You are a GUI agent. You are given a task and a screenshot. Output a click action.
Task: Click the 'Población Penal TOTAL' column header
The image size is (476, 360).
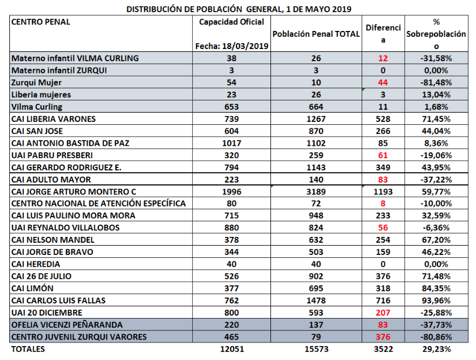(x=316, y=34)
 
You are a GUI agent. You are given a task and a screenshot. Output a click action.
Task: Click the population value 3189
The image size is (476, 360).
(x=316, y=192)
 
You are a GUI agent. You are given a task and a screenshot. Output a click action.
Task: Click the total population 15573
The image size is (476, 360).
(x=316, y=349)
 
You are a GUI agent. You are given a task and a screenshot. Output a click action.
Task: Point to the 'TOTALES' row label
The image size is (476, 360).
(x=28, y=349)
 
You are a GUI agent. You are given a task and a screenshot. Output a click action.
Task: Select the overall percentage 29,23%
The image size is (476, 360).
(x=436, y=349)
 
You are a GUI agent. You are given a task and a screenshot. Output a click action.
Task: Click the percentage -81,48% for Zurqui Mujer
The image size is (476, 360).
(x=436, y=82)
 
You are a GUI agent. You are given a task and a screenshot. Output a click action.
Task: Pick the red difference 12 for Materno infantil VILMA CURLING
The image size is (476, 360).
(x=383, y=58)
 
